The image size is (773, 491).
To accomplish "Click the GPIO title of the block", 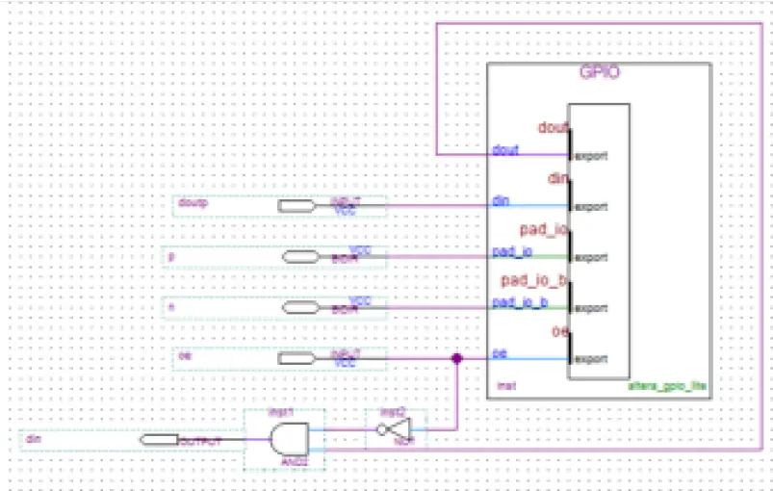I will click(599, 74).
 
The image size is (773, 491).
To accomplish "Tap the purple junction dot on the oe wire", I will click(456, 358).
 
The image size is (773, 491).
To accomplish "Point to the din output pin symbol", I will click(158, 441).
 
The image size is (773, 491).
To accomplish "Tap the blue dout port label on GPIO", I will click(504, 150).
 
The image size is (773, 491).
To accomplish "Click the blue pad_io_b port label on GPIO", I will click(519, 303).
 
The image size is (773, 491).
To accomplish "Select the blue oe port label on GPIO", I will click(500, 354).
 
